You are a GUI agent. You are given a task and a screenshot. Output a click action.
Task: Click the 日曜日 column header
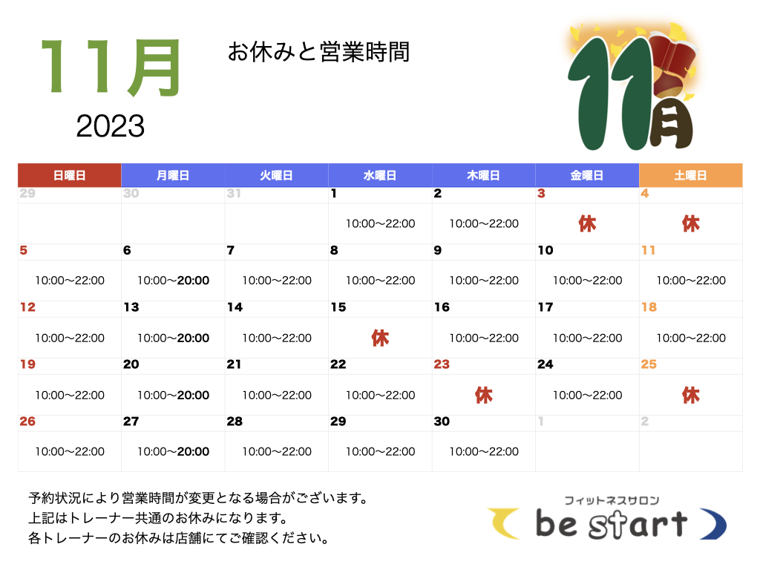coord(69,175)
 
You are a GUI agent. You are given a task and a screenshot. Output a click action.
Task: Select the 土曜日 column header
coord(691,175)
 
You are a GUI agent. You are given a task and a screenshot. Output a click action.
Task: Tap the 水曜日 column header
coord(380,175)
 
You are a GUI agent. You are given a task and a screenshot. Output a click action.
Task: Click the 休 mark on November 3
coord(587,224)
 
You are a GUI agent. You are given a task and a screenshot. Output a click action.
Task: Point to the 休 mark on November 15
coord(380,338)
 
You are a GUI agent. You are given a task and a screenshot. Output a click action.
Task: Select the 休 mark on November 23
coord(484,395)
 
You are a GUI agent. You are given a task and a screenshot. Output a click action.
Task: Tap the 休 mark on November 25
coord(691,395)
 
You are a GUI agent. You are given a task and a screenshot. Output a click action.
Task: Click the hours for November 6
coord(173,281)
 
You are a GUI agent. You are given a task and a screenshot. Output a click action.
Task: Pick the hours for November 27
coord(173,452)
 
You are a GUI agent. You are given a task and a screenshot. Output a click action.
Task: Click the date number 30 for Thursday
coord(442,422)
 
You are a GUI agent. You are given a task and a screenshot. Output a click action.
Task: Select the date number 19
coord(27,364)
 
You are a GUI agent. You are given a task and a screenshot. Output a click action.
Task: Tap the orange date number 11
coord(648,250)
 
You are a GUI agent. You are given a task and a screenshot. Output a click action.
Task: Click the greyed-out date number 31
coord(234,194)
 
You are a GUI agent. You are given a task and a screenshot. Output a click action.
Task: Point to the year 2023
coord(110,126)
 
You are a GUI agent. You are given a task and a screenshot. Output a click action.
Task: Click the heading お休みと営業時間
coord(318,52)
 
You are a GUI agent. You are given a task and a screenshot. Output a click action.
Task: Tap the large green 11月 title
coord(111,67)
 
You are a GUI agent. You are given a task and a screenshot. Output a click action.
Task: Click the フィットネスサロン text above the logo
coord(612,500)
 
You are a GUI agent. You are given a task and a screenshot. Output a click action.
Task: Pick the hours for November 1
coord(380,224)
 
